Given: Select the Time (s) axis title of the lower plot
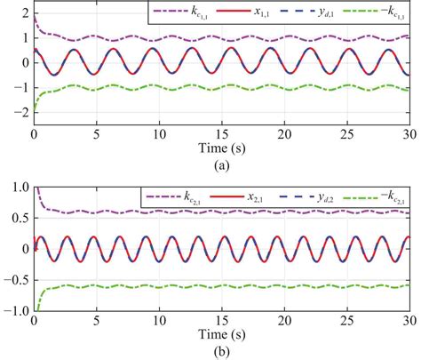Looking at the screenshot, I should tap(221, 332).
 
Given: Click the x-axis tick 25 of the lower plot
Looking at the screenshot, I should tap(346, 318).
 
